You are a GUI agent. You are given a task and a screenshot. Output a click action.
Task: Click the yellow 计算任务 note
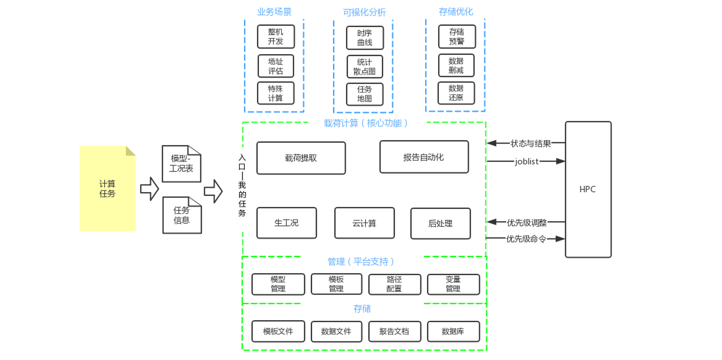coord(107,188)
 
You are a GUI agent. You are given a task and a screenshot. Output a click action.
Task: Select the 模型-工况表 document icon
coord(181,164)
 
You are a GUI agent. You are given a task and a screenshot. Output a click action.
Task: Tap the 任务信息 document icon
coord(182,215)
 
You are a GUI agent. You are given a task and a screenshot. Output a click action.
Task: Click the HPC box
coord(588,189)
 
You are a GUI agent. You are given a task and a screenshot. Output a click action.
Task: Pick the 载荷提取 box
coord(301,158)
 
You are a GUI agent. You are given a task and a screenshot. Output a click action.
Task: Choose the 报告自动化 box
coord(424,157)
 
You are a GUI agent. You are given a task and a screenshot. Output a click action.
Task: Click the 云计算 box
coord(364,223)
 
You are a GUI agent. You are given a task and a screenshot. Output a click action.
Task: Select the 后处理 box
coord(440,223)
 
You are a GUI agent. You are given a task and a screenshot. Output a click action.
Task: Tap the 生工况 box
coord(286,223)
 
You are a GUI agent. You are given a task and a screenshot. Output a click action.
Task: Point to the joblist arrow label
coord(526,161)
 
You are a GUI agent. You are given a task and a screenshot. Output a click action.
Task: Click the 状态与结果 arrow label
coord(530,143)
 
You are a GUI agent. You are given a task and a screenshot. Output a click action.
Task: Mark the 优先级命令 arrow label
coord(526,239)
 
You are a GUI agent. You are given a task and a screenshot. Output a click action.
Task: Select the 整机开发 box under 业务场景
coord(276,37)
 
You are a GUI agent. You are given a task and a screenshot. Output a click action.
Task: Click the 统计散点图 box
coord(365,67)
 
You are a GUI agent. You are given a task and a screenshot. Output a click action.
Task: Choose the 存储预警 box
coord(456,37)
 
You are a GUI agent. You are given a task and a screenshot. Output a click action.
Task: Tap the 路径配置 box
coord(394,284)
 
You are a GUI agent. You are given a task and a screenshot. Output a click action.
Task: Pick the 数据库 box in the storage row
coord(453,331)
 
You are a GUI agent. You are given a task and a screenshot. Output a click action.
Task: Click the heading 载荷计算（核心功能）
coord(365,123)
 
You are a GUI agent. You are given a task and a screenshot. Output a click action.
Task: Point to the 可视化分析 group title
coord(364,12)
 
